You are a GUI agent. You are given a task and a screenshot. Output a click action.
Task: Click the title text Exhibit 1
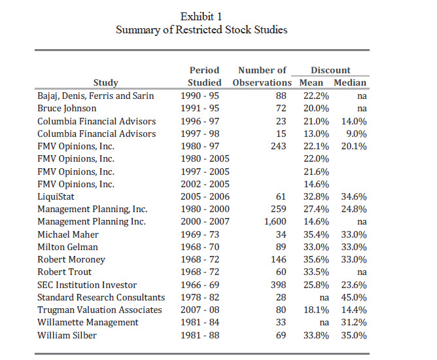[x=201, y=17]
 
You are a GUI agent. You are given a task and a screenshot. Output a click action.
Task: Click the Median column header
[x=350, y=82]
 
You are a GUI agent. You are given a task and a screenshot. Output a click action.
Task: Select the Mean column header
[x=311, y=82]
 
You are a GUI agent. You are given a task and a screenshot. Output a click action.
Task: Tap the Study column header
[x=105, y=83]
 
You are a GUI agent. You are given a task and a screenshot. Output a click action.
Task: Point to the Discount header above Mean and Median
[x=330, y=70]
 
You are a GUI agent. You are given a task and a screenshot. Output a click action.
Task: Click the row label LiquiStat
[x=56, y=196]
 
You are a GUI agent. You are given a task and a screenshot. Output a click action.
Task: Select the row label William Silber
[x=67, y=335]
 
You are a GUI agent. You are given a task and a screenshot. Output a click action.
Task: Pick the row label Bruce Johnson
[x=67, y=109]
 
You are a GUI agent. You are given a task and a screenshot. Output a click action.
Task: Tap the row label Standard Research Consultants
[x=101, y=297]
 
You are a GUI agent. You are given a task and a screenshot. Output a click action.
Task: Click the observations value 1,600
[x=275, y=222]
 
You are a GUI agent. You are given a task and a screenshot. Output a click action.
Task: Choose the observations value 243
[x=279, y=146]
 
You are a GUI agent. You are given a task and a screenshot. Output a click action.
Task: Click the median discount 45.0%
[x=354, y=297]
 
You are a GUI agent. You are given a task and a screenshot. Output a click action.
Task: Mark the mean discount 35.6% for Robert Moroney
[x=316, y=259]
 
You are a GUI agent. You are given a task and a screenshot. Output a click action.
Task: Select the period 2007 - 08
[x=200, y=310]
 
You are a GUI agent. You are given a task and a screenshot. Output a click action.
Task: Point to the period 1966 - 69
[x=200, y=285]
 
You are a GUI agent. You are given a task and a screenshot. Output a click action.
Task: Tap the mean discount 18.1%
[x=316, y=310]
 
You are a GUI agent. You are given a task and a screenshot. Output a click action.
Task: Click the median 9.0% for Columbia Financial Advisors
[x=357, y=134]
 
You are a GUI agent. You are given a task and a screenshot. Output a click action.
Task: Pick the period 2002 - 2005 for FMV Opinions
[x=205, y=184]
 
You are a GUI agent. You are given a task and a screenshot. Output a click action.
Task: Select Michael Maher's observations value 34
[x=281, y=234]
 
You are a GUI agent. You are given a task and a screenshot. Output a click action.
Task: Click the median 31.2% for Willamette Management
[x=354, y=322]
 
